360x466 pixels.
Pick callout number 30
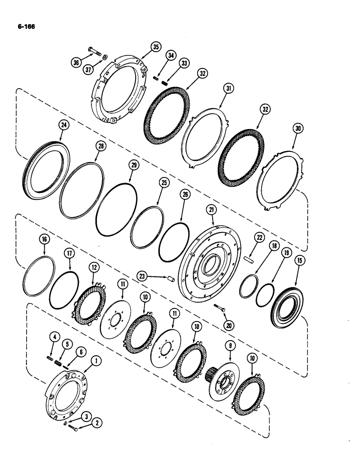point(297,129)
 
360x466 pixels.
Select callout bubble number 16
point(44,240)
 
